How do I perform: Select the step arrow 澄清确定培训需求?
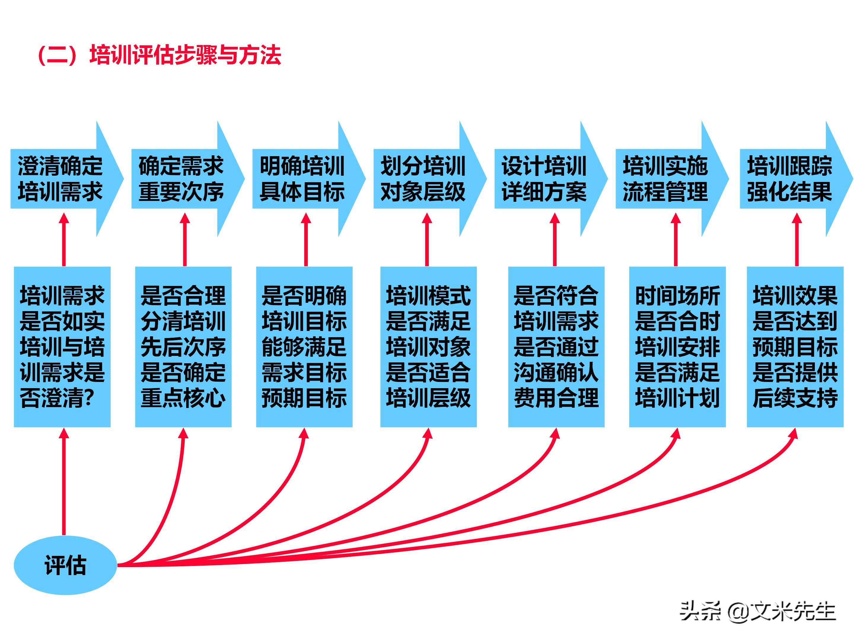[x=60, y=179]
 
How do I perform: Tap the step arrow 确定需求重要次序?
[x=181, y=179]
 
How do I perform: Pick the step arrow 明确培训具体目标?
[x=302, y=179]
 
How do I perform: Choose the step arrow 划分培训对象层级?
[x=423, y=179]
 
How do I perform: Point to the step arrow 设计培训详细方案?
[x=544, y=179]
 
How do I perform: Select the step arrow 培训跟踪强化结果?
[x=790, y=179]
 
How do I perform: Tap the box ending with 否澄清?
[x=62, y=346]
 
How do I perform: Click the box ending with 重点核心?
[x=183, y=346]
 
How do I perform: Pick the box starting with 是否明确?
[x=304, y=346]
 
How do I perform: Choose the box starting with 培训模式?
[x=428, y=346]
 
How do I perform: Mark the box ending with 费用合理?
[x=556, y=346]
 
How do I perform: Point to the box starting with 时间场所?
[x=677, y=346]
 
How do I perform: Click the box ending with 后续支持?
[x=795, y=346]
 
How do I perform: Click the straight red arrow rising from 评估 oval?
[x=64, y=482]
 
